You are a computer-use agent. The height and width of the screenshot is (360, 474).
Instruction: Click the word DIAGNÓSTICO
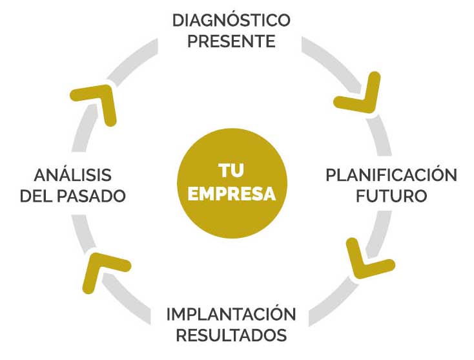pyautogui.click(x=231, y=20)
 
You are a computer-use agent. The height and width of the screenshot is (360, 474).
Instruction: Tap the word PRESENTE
pyautogui.click(x=231, y=42)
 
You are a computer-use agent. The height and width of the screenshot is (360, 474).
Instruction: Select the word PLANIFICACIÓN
pyautogui.click(x=391, y=175)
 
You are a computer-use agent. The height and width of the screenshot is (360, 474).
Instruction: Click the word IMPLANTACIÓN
pyautogui.click(x=231, y=315)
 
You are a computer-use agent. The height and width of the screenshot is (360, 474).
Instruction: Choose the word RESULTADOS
pyautogui.click(x=231, y=336)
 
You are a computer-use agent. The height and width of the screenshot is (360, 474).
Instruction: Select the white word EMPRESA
pyautogui.click(x=231, y=194)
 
